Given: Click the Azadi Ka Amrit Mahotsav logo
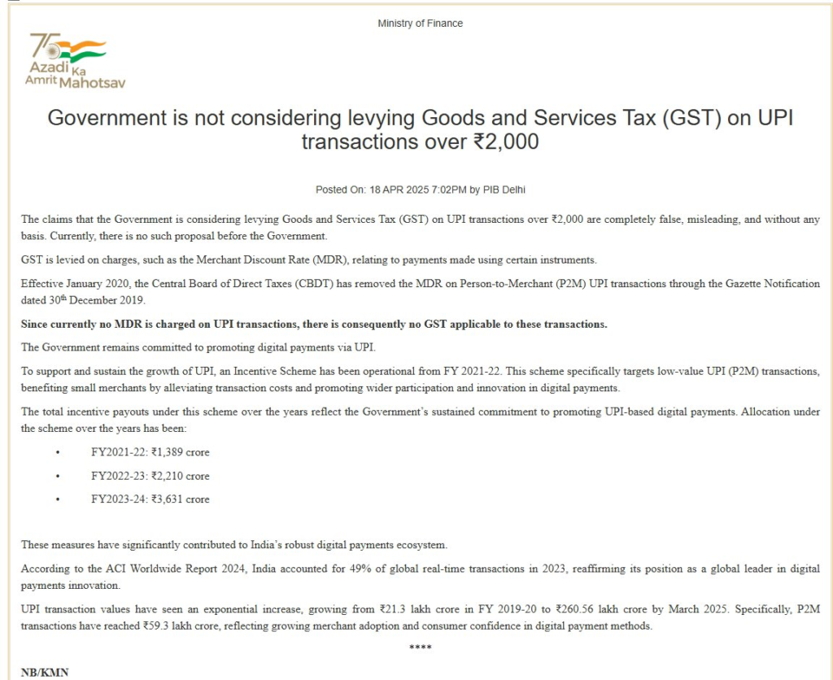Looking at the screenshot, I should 75,60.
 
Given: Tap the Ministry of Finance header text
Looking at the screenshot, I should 420,24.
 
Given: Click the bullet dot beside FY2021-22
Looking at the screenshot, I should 57,452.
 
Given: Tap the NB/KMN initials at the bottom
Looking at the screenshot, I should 45,673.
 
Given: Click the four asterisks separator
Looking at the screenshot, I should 420,647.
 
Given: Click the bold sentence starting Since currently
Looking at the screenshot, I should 314,324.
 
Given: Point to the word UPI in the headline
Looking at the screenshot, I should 764,119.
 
